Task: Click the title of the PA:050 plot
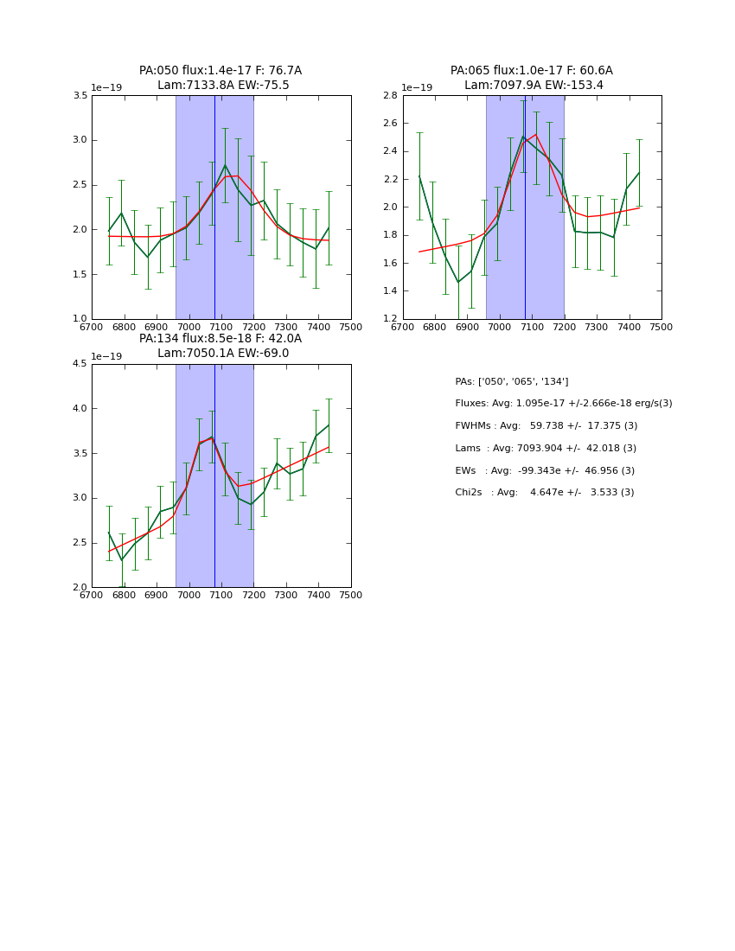pos(220,78)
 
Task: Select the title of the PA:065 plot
pos(532,78)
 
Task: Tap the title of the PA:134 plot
pos(220,346)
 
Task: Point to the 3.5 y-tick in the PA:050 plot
pos(80,95)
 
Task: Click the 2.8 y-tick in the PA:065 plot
pos(390,95)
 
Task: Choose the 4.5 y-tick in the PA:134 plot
pos(80,364)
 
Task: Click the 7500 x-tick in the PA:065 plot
pos(661,328)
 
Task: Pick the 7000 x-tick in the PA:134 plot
pos(189,596)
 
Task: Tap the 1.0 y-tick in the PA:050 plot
pos(80,319)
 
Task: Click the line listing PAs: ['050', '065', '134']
pos(511,381)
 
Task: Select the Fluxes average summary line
pos(563,404)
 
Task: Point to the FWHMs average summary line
pos(546,426)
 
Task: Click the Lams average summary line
pos(546,449)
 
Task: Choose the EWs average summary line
pos(546,470)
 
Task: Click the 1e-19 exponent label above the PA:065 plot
pos(417,88)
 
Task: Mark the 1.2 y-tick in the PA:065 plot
pos(390,319)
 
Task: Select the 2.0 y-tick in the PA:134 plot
pos(80,588)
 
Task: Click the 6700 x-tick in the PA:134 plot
pos(92,596)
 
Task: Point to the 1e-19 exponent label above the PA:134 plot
pos(106,356)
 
